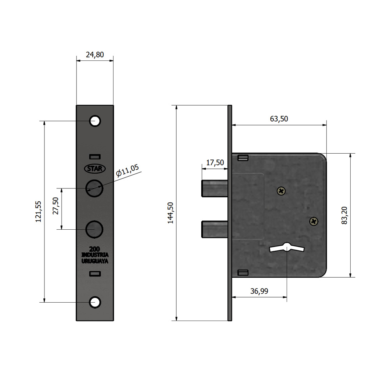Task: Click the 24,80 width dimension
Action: [x=95, y=55]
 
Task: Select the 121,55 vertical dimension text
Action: [x=38, y=212]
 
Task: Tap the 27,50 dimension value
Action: [x=55, y=206]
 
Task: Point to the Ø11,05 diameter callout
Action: [x=128, y=170]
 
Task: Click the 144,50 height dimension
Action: [x=170, y=213]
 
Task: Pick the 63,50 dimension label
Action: [x=279, y=119]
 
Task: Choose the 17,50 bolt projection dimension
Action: [x=215, y=163]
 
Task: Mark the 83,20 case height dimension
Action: [x=344, y=215]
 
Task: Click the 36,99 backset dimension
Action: [x=259, y=291]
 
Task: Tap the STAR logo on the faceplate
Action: [x=95, y=168]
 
